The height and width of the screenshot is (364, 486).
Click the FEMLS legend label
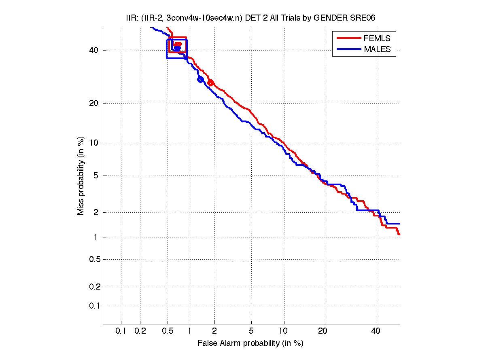pyautogui.click(x=377, y=38)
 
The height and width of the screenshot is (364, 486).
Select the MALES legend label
pyautogui.click(x=378, y=49)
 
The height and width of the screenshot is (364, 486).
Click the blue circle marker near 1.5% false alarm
pyautogui.click(x=200, y=79)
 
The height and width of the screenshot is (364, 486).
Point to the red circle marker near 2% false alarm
pyautogui.click(x=210, y=83)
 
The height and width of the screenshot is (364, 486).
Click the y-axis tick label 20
pyautogui.click(x=93, y=103)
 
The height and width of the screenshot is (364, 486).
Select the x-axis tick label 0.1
pyautogui.click(x=121, y=331)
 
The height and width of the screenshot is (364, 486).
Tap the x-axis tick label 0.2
pyautogui.click(x=140, y=331)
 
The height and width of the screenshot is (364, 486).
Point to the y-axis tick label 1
pyautogui.click(x=96, y=237)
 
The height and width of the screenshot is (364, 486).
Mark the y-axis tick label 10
pyautogui.click(x=93, y=143)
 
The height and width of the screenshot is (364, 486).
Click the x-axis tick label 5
pyautogui.click(x=251, y=331)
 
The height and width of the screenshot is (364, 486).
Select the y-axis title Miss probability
pyautogui.click(x=81, y=176)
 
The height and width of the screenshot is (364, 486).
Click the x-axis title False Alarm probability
pyautogui.click(x=250, y=343)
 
